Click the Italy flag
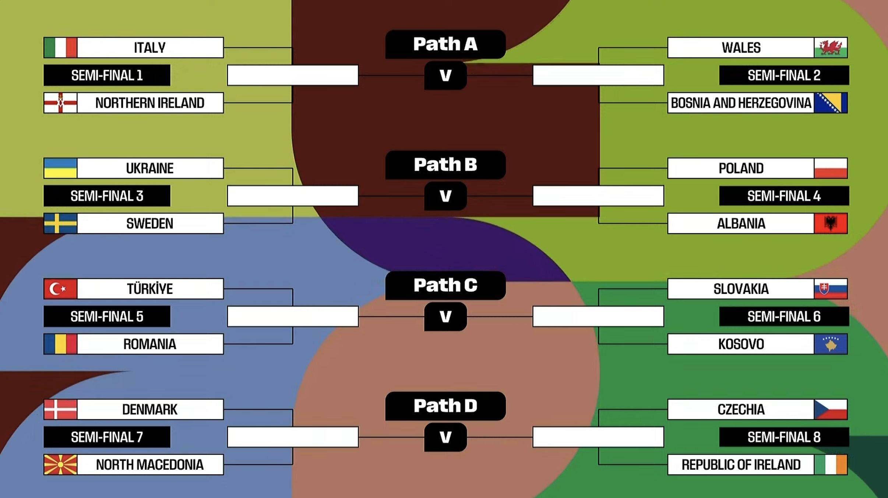(x=60, y=47)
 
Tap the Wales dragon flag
(x=831, y=47)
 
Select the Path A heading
(x=445, y=44)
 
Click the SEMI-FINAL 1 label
(x=107, y=75)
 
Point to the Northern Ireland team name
(x=150, y=103)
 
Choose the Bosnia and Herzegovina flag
(x=831, y=103)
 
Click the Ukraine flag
(x=60, y=168)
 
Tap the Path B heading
(x=445, y=165)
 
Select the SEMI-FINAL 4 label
(x=784, y=196)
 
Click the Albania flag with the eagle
(x=831, y=223)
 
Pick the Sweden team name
(x=150, y=223)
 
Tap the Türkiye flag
(x=60, y=289)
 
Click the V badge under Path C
(x=445, y=317)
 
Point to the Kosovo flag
(x=831, y=344)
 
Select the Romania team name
(x=150, y=344)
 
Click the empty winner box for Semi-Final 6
(x=598, y=317)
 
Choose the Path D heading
(x=445, y=406)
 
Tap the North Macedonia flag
(x=60, y=465)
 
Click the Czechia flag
(x=831, y=409)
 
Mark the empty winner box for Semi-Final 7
(x=293, y=437)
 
